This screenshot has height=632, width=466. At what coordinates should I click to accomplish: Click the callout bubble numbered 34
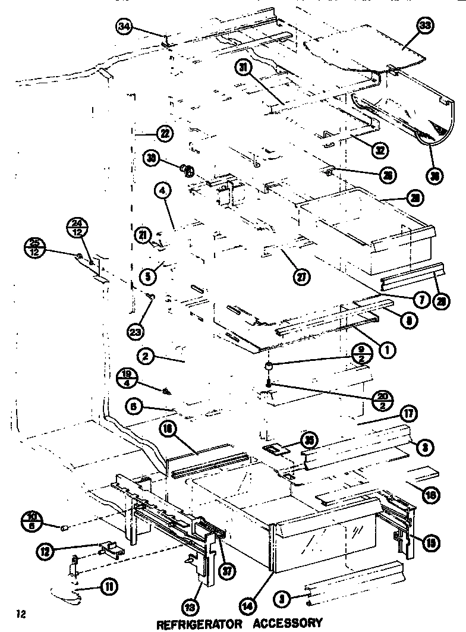(x=125, y=27)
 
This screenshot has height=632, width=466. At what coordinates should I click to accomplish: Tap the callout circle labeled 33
(x=426, y=26)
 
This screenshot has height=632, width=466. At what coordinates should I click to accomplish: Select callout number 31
(x=243, y=68)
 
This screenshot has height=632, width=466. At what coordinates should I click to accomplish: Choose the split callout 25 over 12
(x=35, y=246)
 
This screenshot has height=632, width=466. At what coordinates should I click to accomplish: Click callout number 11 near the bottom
(x=109, y=588)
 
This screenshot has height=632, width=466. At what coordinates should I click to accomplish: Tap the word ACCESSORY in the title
(x=287, y=624)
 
